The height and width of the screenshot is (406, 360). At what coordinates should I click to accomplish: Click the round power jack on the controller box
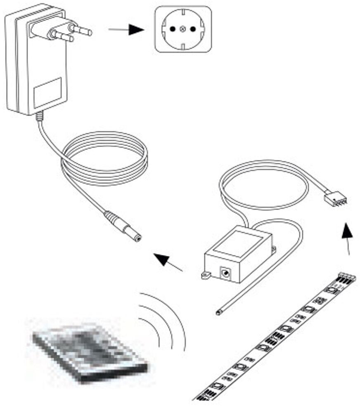pyautogui.click(x=225, y=273)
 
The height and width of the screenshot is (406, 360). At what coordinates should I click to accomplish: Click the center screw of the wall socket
pyautogui.click(x=183, y=29)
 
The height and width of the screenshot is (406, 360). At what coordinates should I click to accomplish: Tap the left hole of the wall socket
pyautogui.click(x=173, y=29)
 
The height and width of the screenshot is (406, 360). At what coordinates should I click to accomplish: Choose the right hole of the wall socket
pyautogui.click(x=193, y=29)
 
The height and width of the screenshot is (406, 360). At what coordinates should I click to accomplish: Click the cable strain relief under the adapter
pyautogui.click(x=39, y=117)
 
